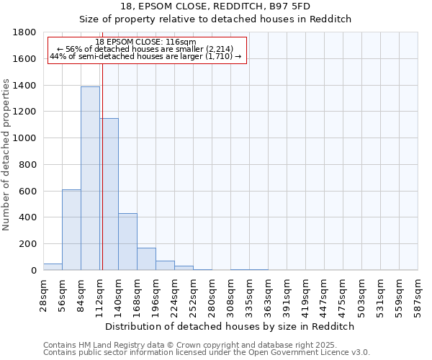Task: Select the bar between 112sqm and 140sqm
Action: tap(109, 194)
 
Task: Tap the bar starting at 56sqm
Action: tap(71, 230)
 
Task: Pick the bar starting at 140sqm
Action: tap(127, 242)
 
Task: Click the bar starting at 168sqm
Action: tap(146, 259)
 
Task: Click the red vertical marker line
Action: tap(102, 158)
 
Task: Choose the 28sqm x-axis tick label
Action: tap(44, 294)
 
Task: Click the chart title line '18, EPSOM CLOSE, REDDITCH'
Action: tap(215, 6)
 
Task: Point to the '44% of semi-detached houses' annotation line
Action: tap(147, 56)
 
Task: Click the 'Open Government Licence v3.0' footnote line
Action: tap(207, 352)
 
